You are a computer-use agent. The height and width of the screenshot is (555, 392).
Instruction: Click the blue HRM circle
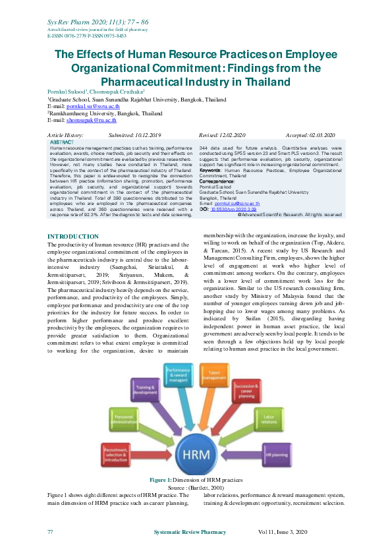coord(196,455)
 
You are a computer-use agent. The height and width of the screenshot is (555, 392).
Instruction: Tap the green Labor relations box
coord(267,420)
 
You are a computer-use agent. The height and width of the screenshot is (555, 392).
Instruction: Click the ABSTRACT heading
coord(62,142)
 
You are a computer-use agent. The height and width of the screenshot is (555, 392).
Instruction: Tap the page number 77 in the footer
coord(50,532)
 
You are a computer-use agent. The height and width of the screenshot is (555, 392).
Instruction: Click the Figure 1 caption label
coord(160,480)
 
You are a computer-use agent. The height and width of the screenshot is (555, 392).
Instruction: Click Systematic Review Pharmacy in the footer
coord(190,532)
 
